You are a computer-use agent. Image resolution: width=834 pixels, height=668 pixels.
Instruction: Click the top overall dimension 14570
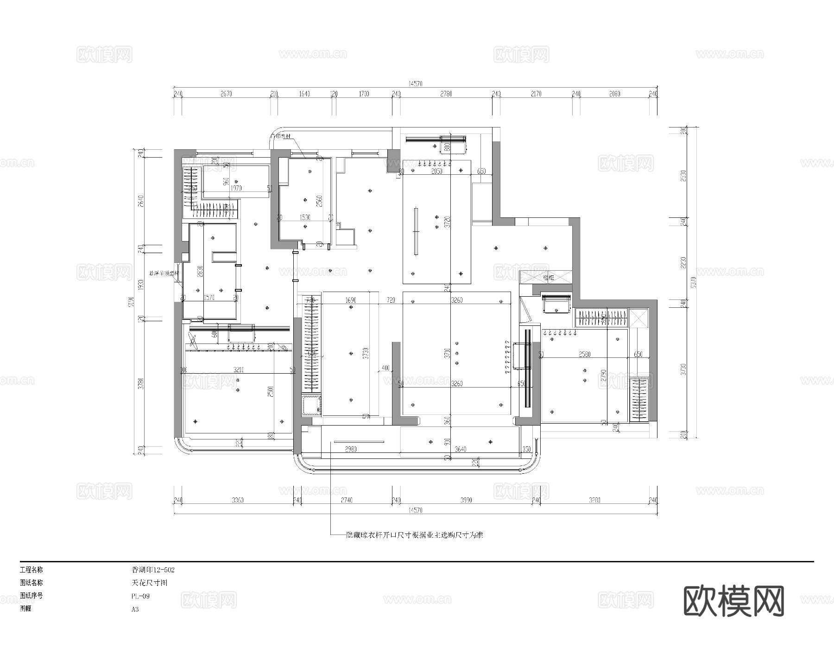415,84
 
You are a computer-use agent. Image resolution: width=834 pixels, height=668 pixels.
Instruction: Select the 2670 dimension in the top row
226,94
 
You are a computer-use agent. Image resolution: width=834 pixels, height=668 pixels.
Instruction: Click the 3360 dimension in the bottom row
237,500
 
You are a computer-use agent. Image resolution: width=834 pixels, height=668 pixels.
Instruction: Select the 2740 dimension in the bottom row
346,500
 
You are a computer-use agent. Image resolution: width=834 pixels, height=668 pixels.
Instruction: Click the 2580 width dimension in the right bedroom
584,355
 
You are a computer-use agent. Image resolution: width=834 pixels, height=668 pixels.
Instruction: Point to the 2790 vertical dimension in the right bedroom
603,375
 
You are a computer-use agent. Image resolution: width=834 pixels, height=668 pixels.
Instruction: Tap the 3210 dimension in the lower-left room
239,370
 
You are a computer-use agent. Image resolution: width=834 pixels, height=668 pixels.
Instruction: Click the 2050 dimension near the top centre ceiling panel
436,172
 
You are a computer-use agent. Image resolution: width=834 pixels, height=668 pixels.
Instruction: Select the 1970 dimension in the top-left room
236,188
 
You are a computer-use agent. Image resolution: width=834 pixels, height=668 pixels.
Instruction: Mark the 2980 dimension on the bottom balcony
351,449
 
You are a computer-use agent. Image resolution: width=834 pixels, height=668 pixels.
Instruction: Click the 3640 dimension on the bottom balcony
460,449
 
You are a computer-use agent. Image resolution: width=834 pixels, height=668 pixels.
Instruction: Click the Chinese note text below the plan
415,535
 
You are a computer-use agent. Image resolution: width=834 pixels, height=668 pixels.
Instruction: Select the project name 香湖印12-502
153,570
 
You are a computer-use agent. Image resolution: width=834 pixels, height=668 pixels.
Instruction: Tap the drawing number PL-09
140,596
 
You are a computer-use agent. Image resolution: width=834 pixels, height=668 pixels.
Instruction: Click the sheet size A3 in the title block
135,609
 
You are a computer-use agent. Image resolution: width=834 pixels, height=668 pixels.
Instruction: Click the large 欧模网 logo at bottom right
734,601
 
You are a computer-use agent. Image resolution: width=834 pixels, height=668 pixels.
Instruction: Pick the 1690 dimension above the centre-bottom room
351,300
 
